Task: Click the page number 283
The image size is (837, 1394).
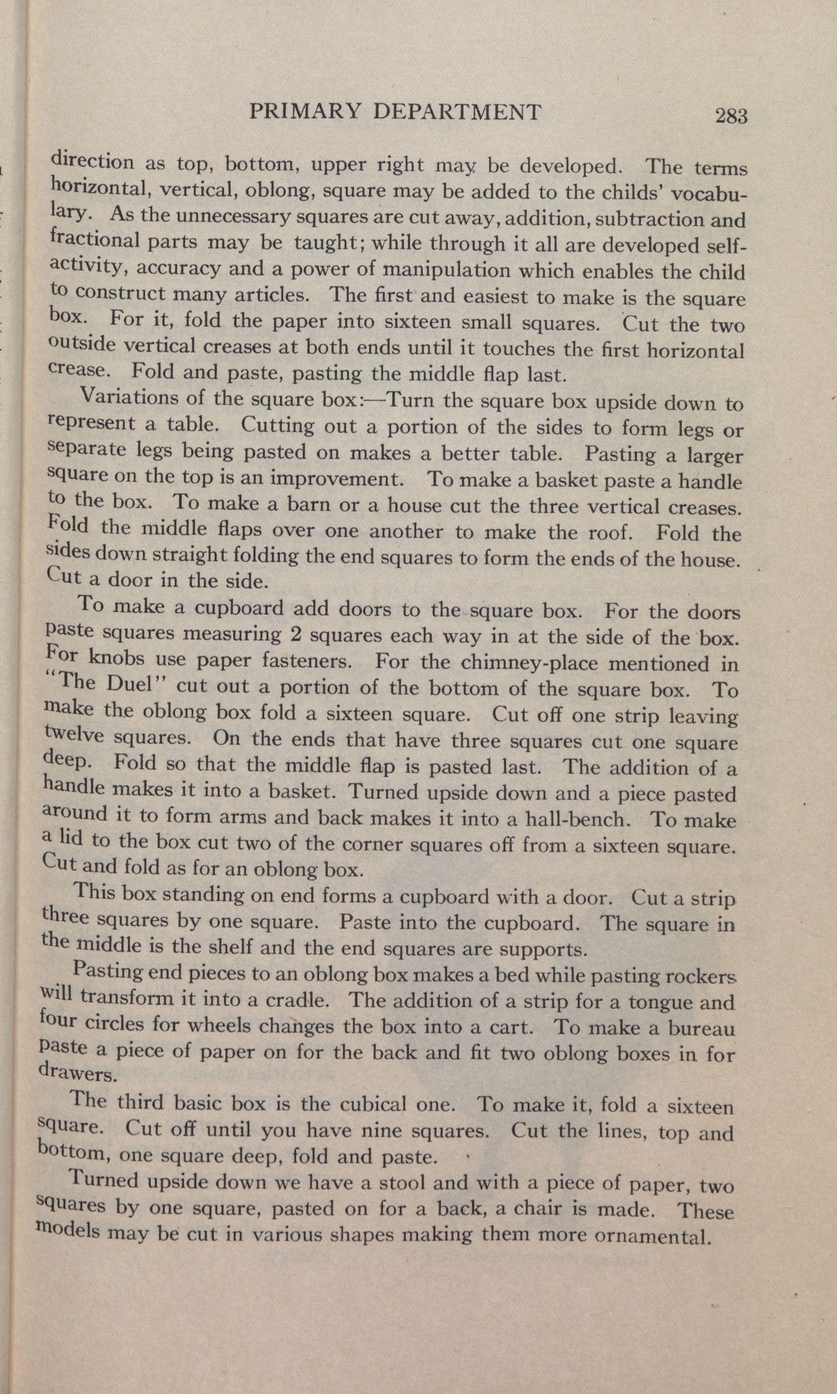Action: click(x=731, y=115)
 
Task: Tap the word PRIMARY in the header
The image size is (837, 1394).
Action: click(x=304, y=112)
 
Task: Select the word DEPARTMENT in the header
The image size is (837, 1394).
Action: click(x=457, y=112)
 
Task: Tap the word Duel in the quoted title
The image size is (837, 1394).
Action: click(x=130, y=684)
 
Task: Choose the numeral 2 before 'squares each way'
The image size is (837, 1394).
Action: click(x=295, y=634)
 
